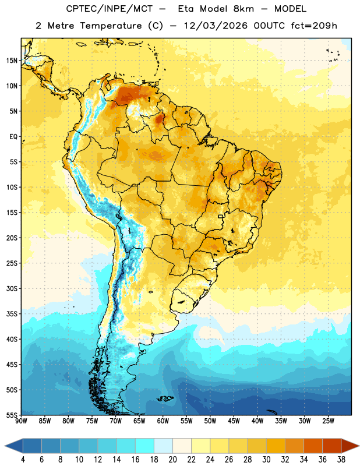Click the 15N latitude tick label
point(12,61)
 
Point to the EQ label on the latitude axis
point(13,137)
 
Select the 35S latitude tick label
point(12,314)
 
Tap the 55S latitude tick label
point(12,415)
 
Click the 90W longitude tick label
point(21,421)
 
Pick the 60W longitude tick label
point(163,421)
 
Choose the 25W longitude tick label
point(328,421)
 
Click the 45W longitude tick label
point(234,421)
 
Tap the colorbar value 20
point(172,460)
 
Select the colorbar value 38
point(341,460)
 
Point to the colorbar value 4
point(23,460)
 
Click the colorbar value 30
point(266,460)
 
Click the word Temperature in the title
point(111,26)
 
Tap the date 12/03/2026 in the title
point(216,26)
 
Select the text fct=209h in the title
point(314,26)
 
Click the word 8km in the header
point(243,9)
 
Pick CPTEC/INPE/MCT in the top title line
point(110,9)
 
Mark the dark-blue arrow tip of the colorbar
point(5,446)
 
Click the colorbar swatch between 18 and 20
point(163,446)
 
